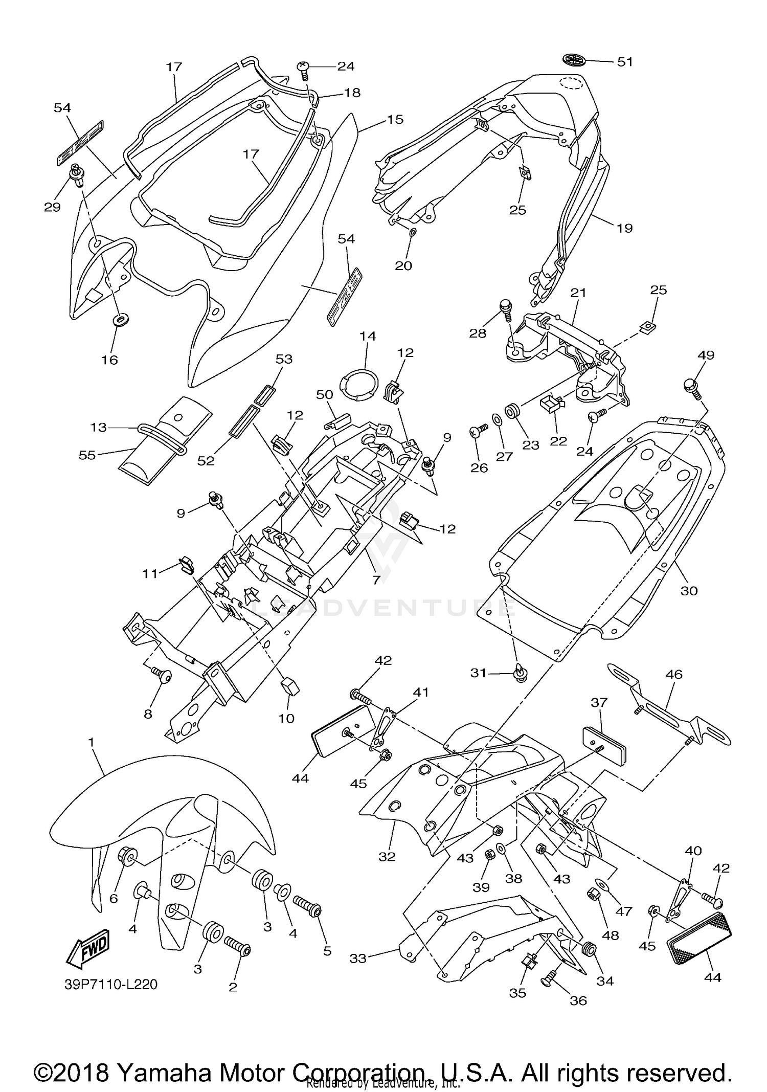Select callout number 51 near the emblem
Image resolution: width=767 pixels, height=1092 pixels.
click(625, 62)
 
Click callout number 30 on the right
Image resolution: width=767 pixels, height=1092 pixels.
click(689, 591)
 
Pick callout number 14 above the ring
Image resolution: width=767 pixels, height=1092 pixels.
click(367, 336)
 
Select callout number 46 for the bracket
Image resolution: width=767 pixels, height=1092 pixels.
click(674, 674)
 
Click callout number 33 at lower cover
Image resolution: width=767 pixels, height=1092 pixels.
click(358, 958)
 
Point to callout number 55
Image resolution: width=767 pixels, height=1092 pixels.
click(87, 454)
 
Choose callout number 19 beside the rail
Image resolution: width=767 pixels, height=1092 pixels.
click(625, 228)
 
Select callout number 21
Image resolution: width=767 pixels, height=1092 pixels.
click(578, 293)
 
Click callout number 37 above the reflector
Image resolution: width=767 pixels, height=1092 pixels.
click(599, 702)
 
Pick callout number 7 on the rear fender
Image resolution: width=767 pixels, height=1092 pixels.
click(376, 580)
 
